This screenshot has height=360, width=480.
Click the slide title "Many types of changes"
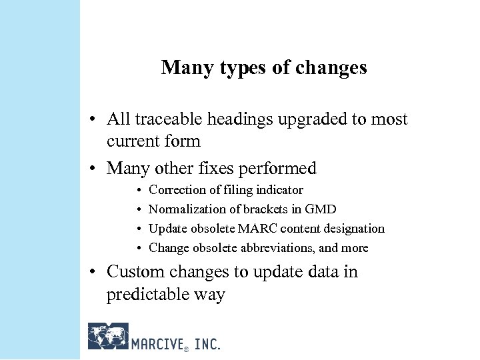pos(263,68)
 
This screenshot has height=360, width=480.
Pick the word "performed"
pos(283,169)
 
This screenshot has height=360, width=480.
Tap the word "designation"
pos(352,229)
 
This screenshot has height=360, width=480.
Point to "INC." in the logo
pos(207,343)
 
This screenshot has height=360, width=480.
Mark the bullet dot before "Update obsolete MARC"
pos(138,229)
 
